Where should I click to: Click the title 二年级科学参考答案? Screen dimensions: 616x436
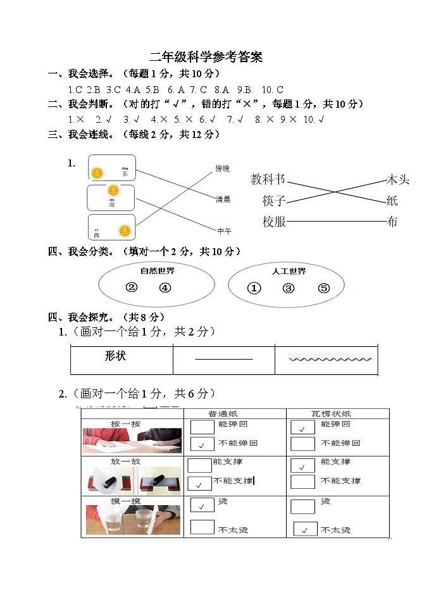coord(206,57)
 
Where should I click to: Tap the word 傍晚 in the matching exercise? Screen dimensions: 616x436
coord(222,168)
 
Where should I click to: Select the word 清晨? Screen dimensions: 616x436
coord(223,199)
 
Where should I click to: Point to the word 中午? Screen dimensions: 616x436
coord(224,230)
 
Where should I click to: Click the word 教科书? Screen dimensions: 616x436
coord(268,180)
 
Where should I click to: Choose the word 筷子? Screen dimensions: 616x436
coord(274,201)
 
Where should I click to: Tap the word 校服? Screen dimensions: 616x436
coord(274,222)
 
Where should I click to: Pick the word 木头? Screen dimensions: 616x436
coord(397,180)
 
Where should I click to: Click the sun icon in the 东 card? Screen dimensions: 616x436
coord(97,172)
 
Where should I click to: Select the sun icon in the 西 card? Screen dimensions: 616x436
coord(125,230)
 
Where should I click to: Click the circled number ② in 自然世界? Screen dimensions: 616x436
coord(132,287)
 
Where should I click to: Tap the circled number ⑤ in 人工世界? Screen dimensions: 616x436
coord(324,289)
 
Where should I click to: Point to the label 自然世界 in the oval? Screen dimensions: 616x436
coord(157,271)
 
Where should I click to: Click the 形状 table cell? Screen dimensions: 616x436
coord(115,356)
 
